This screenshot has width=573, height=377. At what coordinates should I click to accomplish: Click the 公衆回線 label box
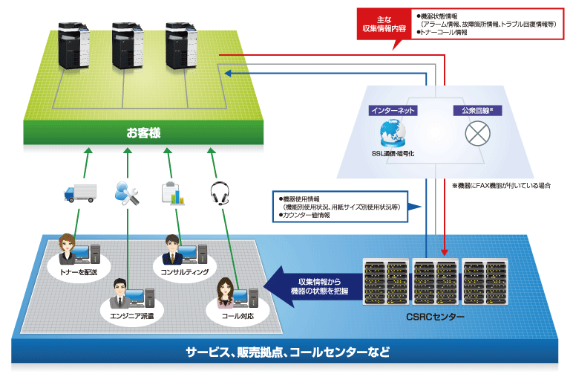[x=474, y=110]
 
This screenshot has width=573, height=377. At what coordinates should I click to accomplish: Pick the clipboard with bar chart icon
[x=172, y=192]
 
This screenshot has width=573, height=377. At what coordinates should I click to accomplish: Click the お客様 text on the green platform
[x=143, y=134]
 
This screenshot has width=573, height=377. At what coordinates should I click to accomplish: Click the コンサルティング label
[x=184, y=271]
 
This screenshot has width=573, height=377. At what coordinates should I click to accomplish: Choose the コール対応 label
[x=237, y=315]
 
